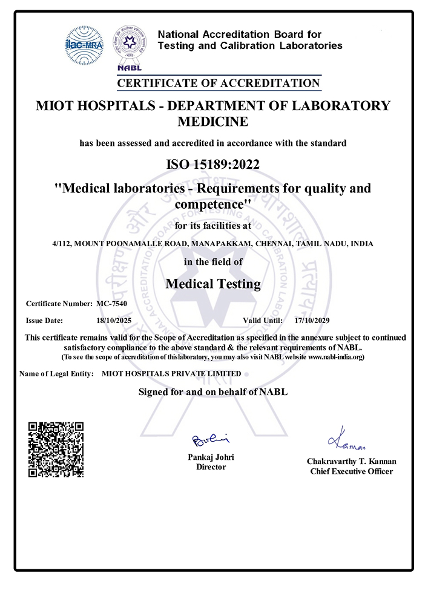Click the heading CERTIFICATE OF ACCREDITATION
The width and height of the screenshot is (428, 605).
[218, 83]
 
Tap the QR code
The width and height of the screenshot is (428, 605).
[56, 450]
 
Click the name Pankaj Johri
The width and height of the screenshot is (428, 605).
[211, 457]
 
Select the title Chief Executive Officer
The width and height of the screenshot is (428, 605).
[351, 471]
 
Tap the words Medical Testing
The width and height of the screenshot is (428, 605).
[213, 283]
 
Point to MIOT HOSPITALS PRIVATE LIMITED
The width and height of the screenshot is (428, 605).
[171, 374]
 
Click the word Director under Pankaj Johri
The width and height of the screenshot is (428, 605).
[211, 467]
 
